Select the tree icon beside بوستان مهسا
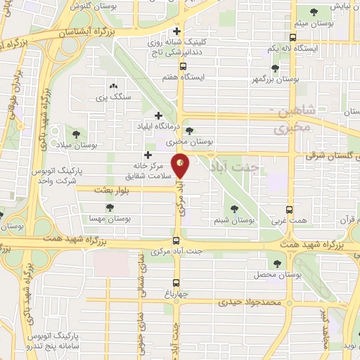(110, 208)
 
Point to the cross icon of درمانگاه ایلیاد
(158, 115)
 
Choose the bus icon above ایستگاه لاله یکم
(292, 37)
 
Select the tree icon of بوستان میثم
(312, 12)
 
